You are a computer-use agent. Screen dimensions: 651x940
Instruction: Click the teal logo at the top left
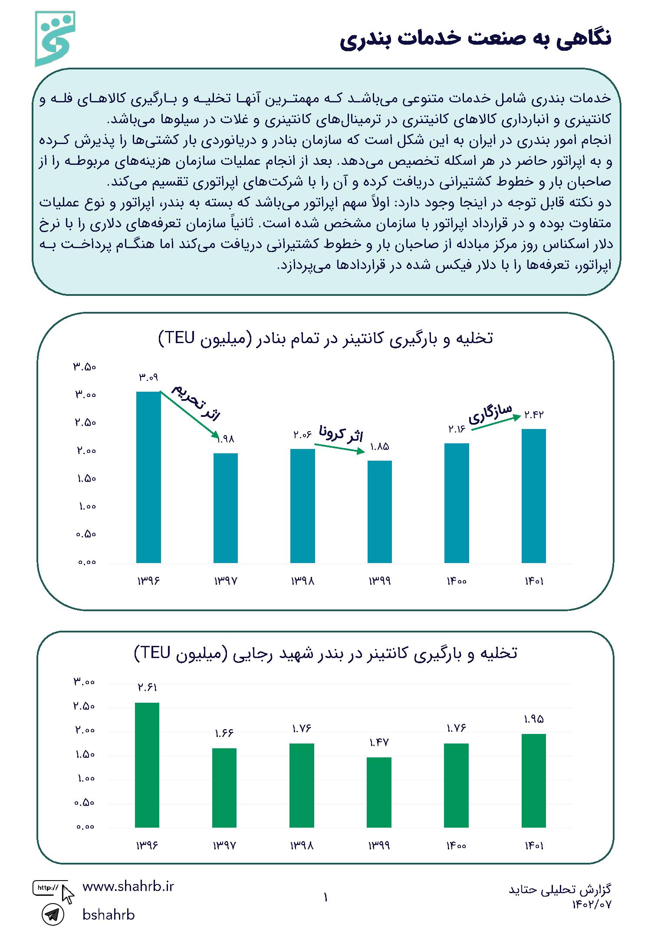tap(55, 39)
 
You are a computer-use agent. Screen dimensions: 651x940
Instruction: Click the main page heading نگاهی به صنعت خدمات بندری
tap(476, 39)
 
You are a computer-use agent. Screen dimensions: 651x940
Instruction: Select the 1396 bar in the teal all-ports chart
tap(148, 477)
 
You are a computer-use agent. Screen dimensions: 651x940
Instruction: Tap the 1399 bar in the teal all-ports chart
tap(380, 512)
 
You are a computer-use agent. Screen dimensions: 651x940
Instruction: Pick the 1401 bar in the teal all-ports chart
tap(534, 496)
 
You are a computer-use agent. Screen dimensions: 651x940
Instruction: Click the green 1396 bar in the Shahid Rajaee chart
tap(147, 765)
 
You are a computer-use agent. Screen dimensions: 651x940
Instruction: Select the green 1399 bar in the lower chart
tap(379, 793)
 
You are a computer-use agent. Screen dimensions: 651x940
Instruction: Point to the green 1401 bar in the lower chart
tap(534, 781)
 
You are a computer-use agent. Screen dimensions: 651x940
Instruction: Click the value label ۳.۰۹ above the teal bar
tap(148, 377)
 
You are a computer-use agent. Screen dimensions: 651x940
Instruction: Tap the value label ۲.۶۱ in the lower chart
tap(147, 688)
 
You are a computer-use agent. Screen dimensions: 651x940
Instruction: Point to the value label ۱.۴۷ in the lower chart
tap(379, 743)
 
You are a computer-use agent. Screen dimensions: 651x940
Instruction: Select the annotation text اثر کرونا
tap(341, 434)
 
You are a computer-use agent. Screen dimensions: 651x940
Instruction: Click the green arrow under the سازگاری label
tap(496, 423)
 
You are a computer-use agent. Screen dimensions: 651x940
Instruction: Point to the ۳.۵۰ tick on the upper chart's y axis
tap(85, 367)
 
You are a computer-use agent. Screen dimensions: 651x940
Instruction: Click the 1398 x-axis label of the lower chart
tap(302, 845)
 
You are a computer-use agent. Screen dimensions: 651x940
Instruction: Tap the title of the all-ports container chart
tap(326, 338)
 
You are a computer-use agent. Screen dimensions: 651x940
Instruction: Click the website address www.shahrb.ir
tap(128, 887)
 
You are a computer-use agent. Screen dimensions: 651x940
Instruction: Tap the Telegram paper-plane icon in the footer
tap(53, 915)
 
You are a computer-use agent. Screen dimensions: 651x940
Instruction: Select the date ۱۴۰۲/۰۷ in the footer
tap(592, 904)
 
